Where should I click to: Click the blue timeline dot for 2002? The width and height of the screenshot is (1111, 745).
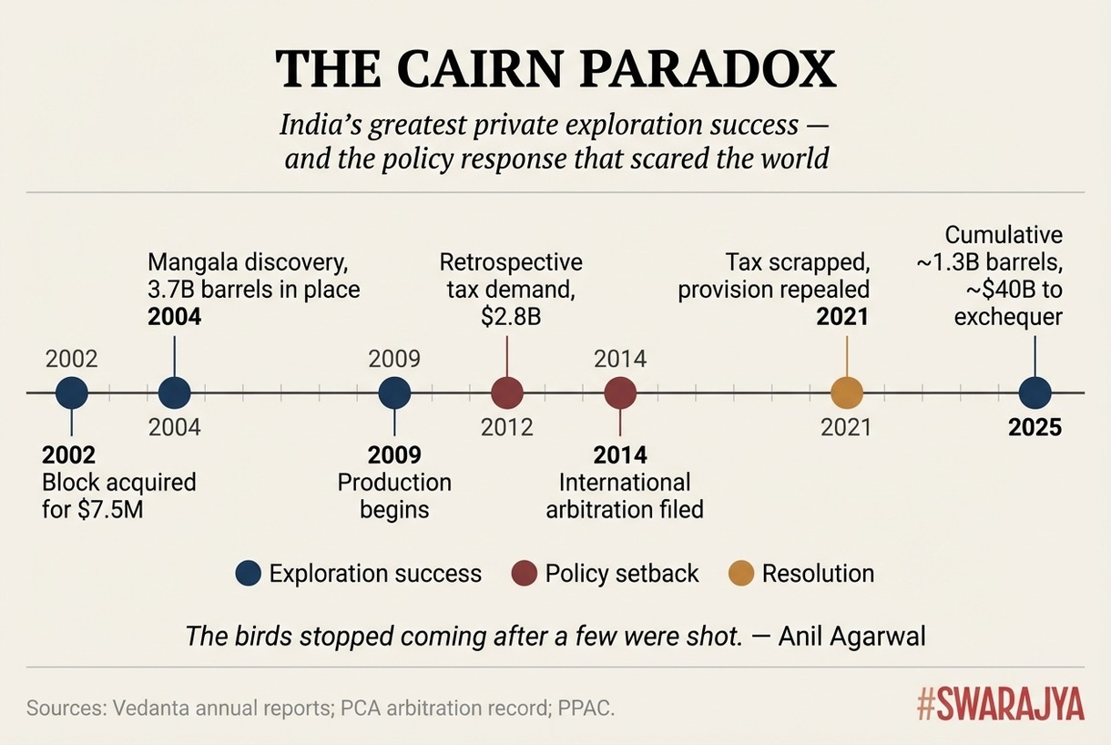point(72,393)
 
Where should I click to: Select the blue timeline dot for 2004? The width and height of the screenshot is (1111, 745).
point(174,393)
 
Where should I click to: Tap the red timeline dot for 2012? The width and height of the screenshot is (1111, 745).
point(507,393)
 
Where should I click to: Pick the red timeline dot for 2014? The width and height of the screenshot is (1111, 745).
point(620,393)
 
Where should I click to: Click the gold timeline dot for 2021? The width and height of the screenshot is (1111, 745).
point(847,393)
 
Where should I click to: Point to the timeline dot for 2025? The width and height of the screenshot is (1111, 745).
point(1035,393)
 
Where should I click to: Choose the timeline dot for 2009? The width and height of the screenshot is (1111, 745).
point(394,393)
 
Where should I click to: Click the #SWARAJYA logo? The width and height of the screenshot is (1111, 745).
point(1000,705)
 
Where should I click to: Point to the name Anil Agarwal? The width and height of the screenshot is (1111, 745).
point(851,635)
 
